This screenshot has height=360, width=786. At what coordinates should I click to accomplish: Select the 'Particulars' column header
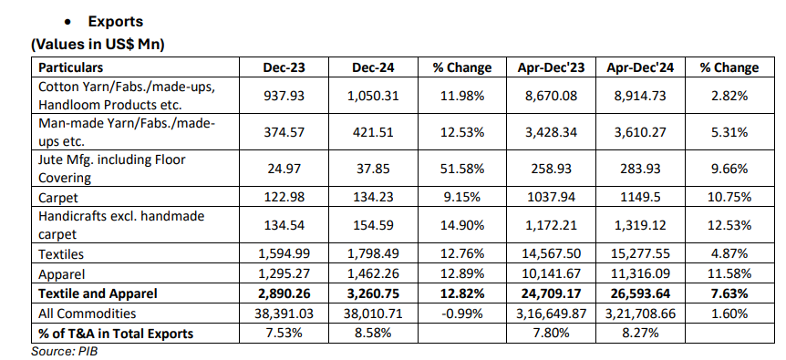tap(70, 67)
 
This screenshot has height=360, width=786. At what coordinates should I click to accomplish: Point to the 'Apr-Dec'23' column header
tap(552, 67)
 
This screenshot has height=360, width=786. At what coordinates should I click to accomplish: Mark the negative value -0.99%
tap(460, 312)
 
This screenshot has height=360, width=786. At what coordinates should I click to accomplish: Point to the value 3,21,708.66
tap(644, 312)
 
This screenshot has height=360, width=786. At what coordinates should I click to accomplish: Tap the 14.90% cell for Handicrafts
tap(460, 225)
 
